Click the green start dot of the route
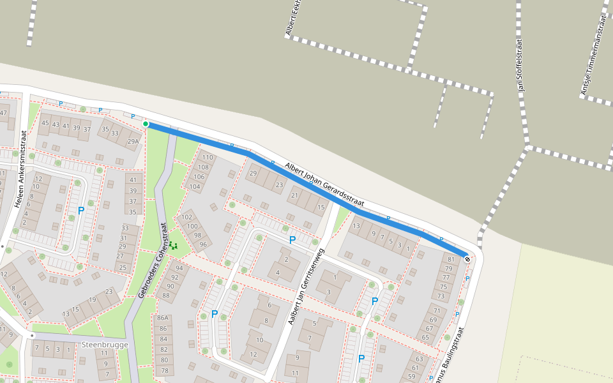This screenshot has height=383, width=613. tap(146, 124)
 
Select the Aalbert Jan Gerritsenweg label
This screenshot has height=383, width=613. tap(306, 278)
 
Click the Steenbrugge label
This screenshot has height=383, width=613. tap(105, 345)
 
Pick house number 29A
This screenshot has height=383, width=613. tap(133, 142)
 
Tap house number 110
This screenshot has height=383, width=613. tap(207, 157)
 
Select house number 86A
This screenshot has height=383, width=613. tap(163, 319)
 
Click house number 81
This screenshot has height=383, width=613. tap(451, 259)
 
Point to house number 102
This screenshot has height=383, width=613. tap(187, 217)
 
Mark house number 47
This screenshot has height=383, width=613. tap(3, 113)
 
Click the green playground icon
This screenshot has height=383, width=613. tap(173, 245)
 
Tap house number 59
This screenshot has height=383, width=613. tap(410, 377)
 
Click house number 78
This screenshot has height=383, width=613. tap(164, 371)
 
